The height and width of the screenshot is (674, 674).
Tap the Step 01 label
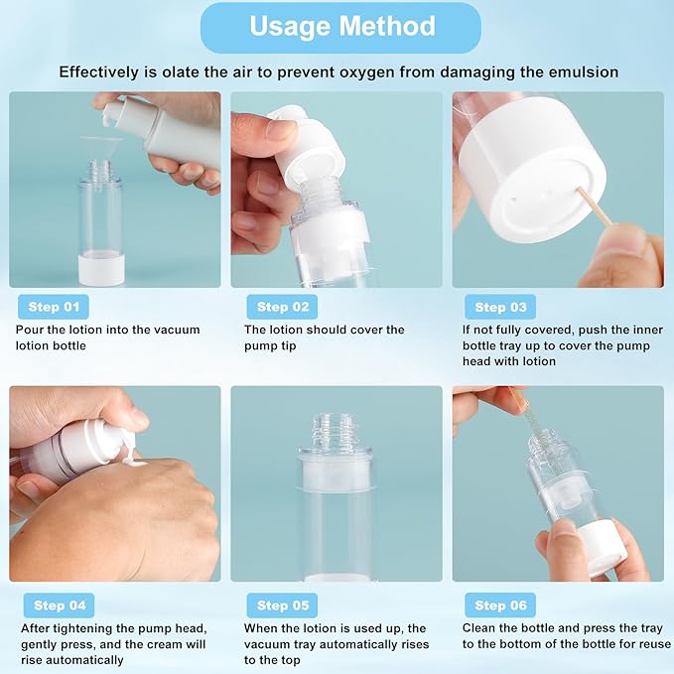click(x=52, y=307)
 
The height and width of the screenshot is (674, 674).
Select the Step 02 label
click(x=283, y=307)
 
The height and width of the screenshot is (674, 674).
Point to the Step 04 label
click(x=60, y=605)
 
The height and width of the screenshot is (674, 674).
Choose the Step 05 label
click(x=283, y=605)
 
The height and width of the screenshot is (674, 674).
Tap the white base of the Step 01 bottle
click(x=101, y=268)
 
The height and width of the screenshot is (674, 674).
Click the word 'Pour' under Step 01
click(x=30, y=330)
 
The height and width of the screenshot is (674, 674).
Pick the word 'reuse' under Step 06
click(x=646, y=643)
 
